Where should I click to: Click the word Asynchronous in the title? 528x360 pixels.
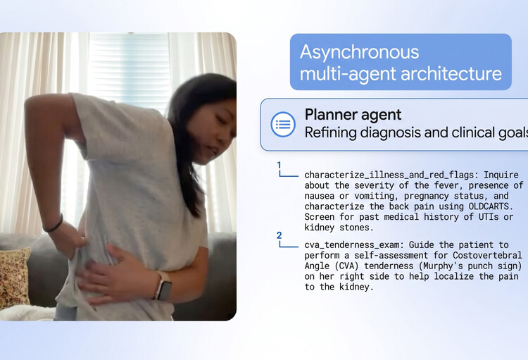359,53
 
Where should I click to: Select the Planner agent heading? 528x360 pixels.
353,115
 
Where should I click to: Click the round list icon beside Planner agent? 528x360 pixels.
283,125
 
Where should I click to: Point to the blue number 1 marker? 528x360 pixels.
279,165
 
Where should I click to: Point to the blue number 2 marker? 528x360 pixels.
279,235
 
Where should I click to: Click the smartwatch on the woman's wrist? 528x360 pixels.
163,286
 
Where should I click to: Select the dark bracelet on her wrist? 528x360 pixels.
54,223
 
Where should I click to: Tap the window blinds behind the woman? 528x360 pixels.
130,66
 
